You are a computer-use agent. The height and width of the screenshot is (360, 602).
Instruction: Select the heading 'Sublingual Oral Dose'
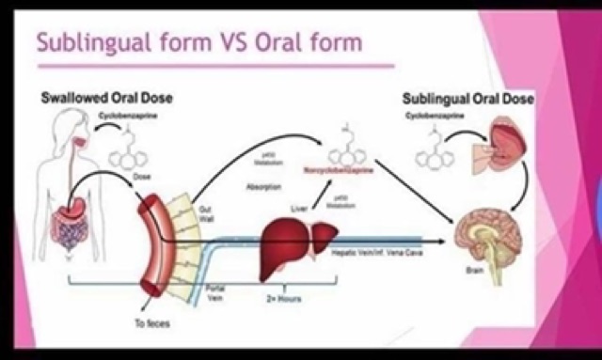tap(467, 98)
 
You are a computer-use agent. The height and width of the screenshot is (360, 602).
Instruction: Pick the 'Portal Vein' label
tap(214, 288)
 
